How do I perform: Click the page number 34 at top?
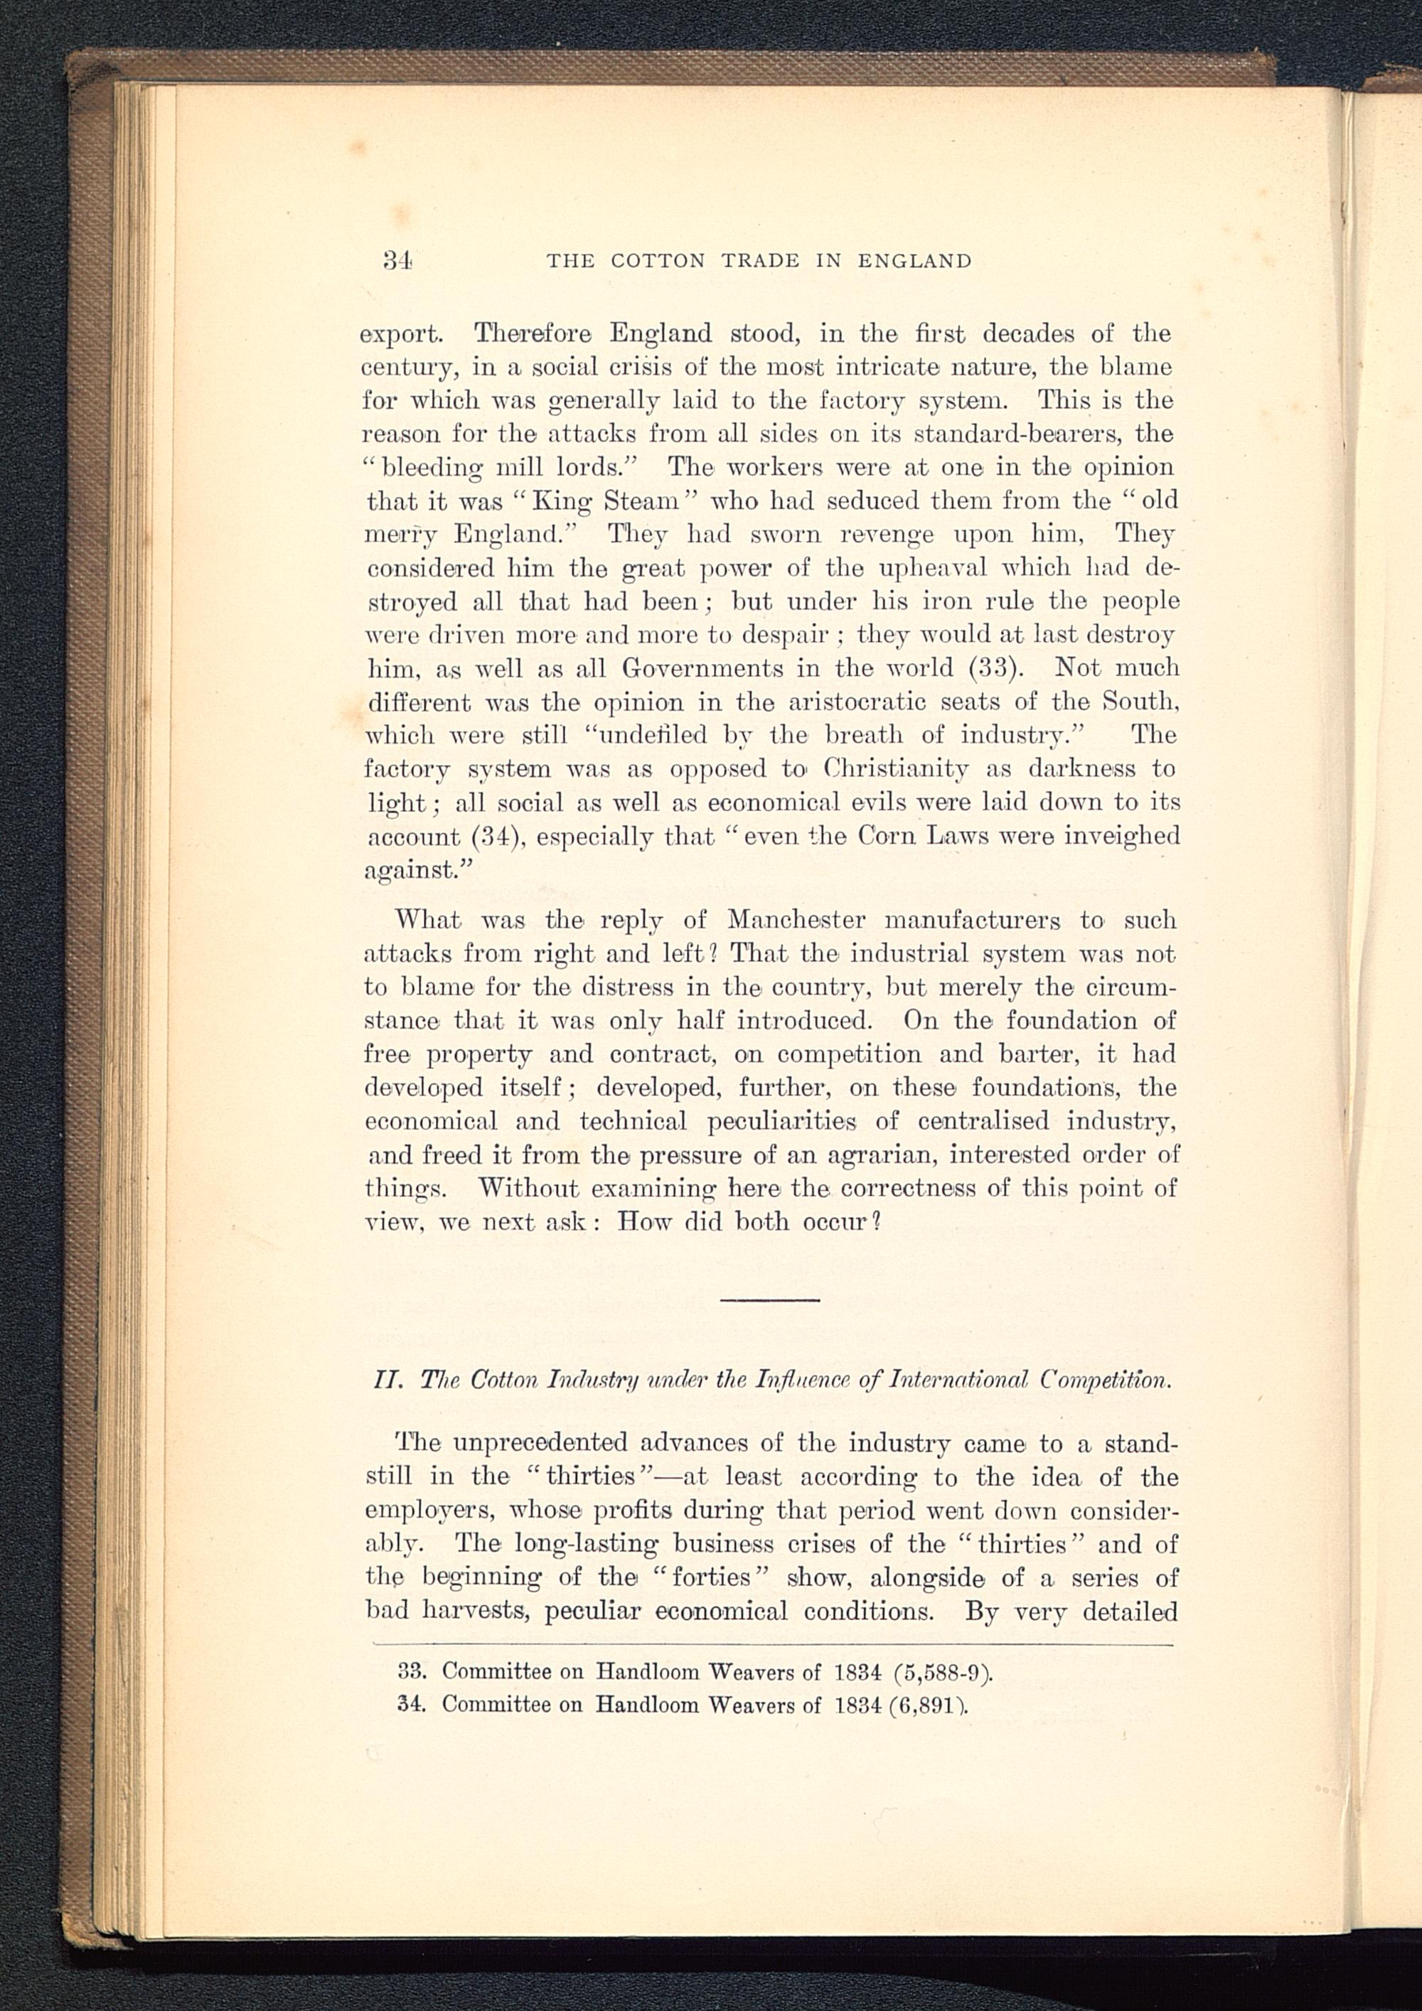(397, 260)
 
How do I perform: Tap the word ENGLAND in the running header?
(915, 261)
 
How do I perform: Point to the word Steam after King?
(642, 501)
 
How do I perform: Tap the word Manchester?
(796, 921)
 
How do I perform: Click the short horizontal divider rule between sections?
(769, 1299)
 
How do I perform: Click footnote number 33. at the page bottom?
(411, 1671)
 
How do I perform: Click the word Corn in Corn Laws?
(887, 837)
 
